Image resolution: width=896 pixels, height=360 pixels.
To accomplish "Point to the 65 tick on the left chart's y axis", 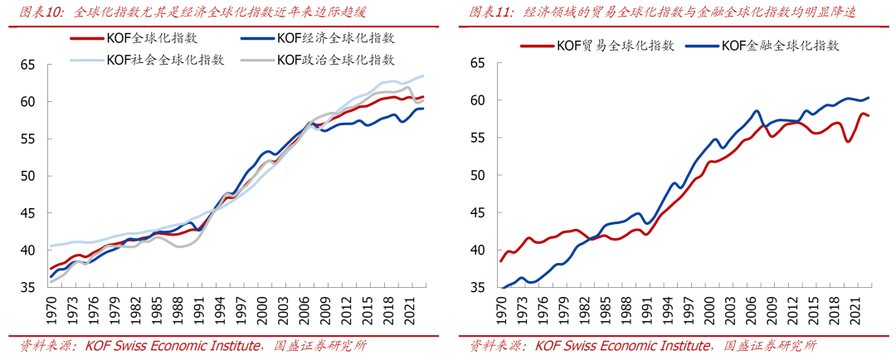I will click(29, 65).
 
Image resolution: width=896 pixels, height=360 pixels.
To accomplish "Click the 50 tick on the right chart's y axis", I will click(477, 175).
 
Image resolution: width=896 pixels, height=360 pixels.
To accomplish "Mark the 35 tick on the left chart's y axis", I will click(29, 288).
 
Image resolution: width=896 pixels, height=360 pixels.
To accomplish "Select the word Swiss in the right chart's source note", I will click(590, 345).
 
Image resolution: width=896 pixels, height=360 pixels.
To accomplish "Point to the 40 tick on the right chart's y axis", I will click(477, 250).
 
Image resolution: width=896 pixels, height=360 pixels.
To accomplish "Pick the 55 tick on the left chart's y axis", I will click(29, 139).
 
